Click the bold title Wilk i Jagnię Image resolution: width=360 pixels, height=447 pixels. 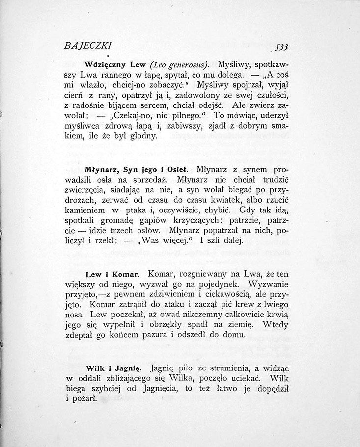[x=113, y=367]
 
